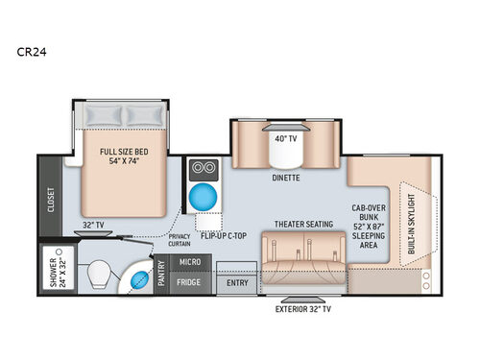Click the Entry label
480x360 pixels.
coord(235,283)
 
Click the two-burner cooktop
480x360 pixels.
coord(203,166)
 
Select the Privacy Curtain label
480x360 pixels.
coord(180,239)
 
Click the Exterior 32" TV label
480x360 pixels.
coord(305,310)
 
